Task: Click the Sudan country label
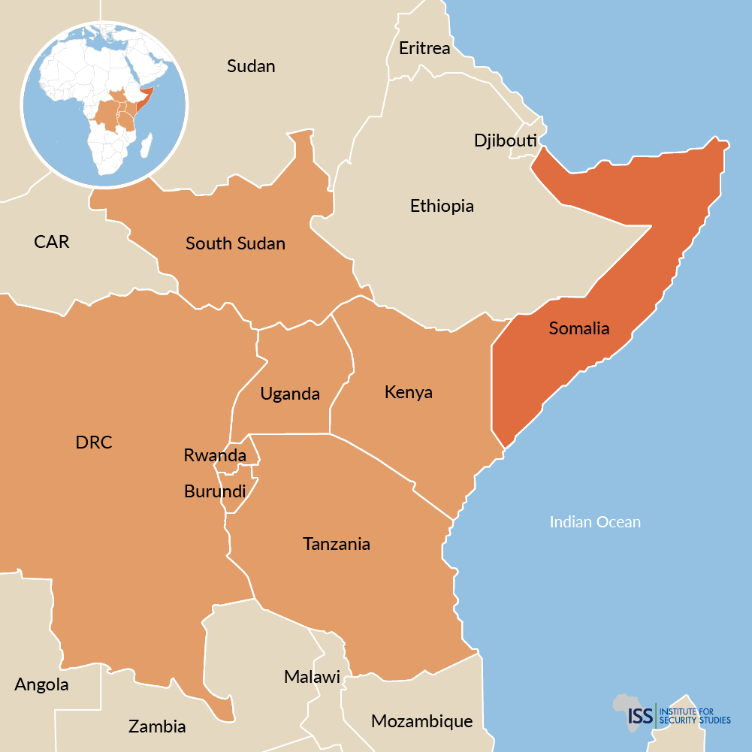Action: (x=251, y=66)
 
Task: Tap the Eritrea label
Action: (x=424, y=49)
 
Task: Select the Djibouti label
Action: (x=505, y=140)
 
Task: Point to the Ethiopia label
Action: (x=442, y=206)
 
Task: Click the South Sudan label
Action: (x=235, y=243)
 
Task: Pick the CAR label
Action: (x=52, y=242)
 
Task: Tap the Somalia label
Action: (x=578, y=328)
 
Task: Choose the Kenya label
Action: (x=408, y=392)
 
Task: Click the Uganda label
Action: (x=290, y=394)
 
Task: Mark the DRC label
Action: (x=94, y=442)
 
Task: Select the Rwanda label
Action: (x=215, y=455)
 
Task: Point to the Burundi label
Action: (x=215, y=492)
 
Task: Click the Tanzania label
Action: (x=337, y=544)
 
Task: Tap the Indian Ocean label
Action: (x=595, y=522)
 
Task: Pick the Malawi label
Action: (x=312, y=677)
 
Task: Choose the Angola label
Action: (x=41, y=685)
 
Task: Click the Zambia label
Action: (x=157, y=726)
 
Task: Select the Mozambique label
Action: (x=421, y=722)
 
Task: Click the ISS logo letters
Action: (x=640, y=714)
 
